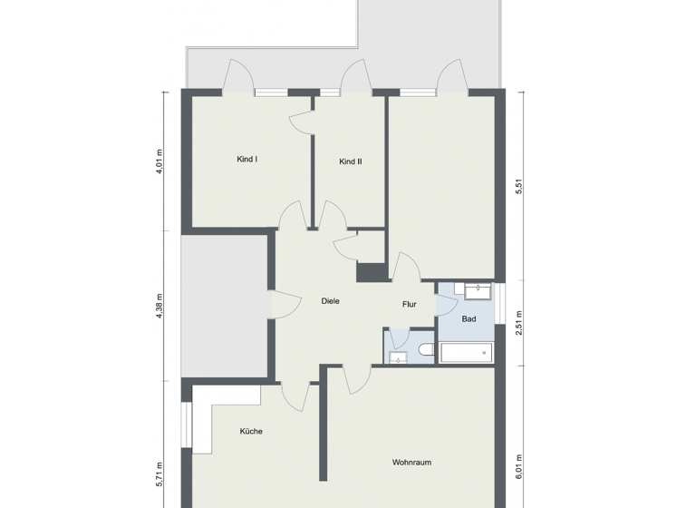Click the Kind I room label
tap(246, 160)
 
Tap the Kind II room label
tap(351, 161)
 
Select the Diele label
tap(331, 301)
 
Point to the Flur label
tap(409, 305)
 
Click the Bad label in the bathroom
tap(469, 319)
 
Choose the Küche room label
tap(251, 432)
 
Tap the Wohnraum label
tap(411, 463)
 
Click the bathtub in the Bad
tap(466, 353)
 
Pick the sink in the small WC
tap(398, 357)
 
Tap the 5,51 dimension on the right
tap(519, 188)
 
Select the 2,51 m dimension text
tap(519, 323)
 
